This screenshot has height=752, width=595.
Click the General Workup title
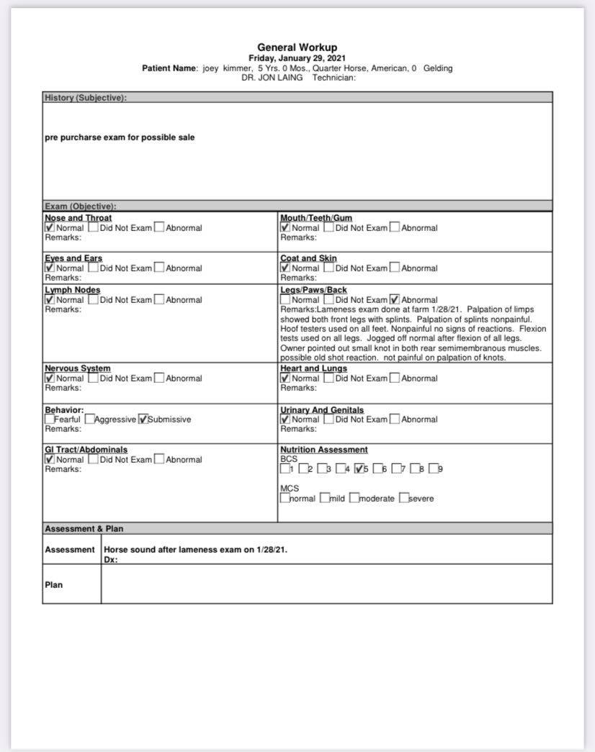point(297,47)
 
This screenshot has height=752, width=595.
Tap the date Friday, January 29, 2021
point(297,58)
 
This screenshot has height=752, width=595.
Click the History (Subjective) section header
point(86,98)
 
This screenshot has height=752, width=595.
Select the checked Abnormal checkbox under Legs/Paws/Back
point(394,299)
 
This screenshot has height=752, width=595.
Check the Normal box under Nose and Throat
point(50,227)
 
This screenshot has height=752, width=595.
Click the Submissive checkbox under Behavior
point(143,419)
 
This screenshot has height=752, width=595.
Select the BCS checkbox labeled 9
point(434,469)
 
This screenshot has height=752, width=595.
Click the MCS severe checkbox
point(403,498)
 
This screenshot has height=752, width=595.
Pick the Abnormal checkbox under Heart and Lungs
point(394,378)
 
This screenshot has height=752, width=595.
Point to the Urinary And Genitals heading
point(322,410)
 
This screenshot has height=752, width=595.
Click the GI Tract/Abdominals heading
point(86,450)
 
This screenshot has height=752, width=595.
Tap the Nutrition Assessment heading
point(324,450)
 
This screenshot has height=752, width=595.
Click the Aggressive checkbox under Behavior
point(89,419)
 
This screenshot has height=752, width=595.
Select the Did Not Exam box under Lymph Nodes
point(93,299)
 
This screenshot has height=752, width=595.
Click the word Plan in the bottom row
point(54,585)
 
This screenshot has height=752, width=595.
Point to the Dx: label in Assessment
point(111,559)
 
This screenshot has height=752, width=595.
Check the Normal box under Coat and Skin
point(285,268)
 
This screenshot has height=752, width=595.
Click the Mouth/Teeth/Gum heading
point(316,218)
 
